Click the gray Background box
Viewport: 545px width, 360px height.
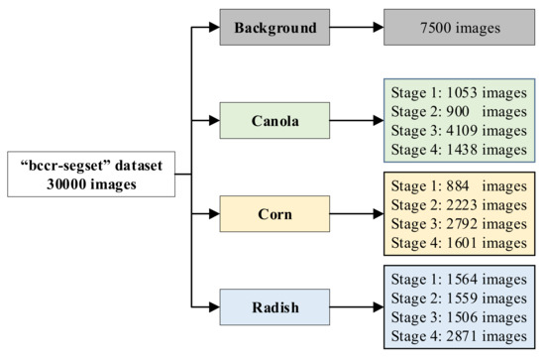tap(281, 28)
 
